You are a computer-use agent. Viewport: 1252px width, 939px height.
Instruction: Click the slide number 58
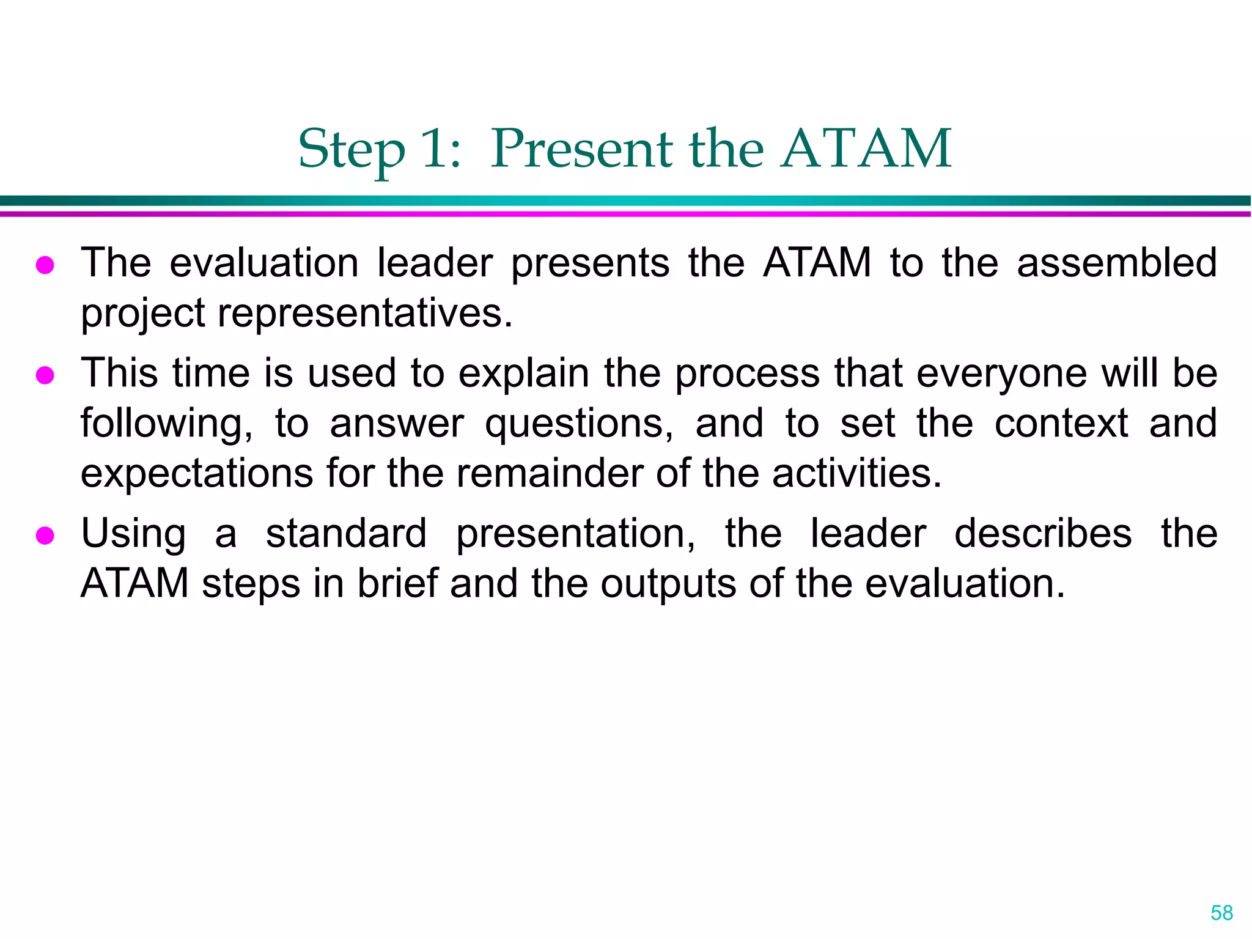click(1221, 913)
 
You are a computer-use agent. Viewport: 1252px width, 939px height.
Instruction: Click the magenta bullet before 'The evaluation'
click(45, 265)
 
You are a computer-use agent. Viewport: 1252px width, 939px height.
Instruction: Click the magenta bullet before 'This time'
click(45, 375)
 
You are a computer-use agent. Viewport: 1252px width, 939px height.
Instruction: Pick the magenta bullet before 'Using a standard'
click(45, 536)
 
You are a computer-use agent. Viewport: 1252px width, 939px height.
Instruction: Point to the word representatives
click(365, 313)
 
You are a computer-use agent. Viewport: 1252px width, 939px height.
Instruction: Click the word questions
click(579, 424)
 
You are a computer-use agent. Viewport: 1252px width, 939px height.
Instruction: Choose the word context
click(1061, 423)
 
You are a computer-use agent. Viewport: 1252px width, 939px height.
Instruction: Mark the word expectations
click(197, 474)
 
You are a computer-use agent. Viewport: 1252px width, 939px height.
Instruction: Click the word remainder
click(550, 473)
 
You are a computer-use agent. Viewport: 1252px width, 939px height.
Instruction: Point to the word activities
click(856, 473)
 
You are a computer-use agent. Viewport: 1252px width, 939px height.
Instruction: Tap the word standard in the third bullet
click(346, 533)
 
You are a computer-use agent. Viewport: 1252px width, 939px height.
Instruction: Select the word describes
click(1042, 533)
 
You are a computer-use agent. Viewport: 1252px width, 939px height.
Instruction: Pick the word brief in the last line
click(397, 583)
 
